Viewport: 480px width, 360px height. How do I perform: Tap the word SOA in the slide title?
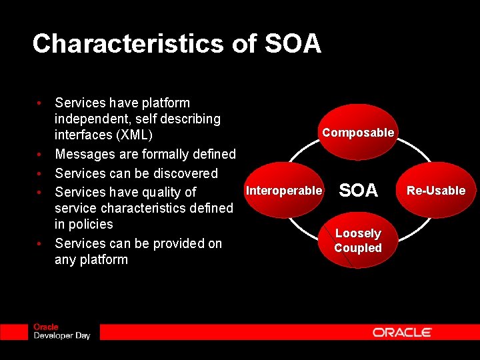[293, 44]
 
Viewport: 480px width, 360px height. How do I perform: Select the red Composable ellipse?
[358, 132]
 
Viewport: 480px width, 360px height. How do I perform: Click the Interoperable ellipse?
[284, 191]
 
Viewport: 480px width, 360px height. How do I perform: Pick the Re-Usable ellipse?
[436, 191]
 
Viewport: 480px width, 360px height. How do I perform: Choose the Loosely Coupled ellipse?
[358, 241]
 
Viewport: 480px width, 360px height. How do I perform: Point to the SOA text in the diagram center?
[359, 191]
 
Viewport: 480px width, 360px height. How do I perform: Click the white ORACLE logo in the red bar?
[402, 332]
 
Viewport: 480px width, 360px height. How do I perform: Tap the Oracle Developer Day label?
[61, 331]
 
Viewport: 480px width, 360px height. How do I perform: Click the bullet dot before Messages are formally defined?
[40, 155]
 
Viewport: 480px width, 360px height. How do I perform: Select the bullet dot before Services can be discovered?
[40, 174]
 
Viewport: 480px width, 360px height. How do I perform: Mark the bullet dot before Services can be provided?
[40, 244]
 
